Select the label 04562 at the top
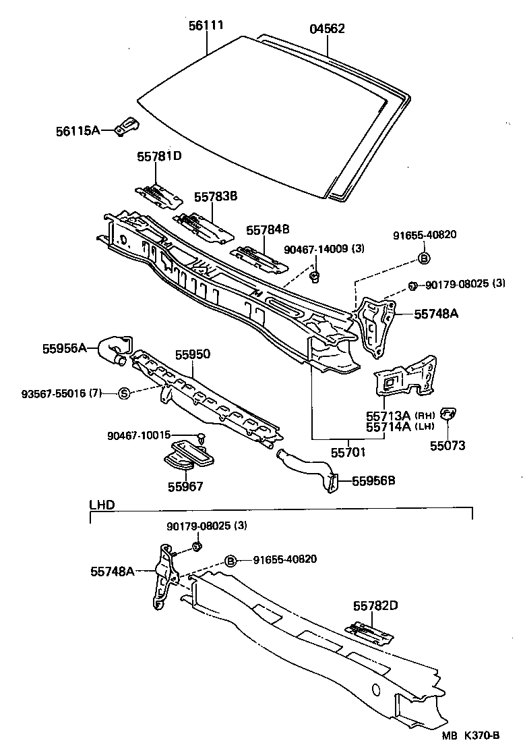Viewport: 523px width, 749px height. pyautogui.click(x=328, y=29)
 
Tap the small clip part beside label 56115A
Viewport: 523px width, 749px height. pyautogui.click(x=127, y=126)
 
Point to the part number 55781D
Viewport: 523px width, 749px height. pyautogui.click(x=159, y=156)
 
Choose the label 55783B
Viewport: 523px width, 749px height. pyautogui.click(x=216, y=196)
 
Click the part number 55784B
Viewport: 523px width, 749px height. pyautogui.click(x=267, y=230)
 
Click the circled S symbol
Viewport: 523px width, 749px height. pyautogui.click(x=124, y=393)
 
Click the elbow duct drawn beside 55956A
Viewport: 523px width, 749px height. pyautogui.click(x=116, y=351)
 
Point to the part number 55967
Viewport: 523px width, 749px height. pyautogui.click(x=185, y=486)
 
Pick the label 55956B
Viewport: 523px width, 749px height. pyautogui.click(x=373, y=481)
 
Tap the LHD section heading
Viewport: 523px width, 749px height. pyautogui.click(x=102, y=505)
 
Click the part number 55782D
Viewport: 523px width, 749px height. pyautogui.click(x=374, y=606)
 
